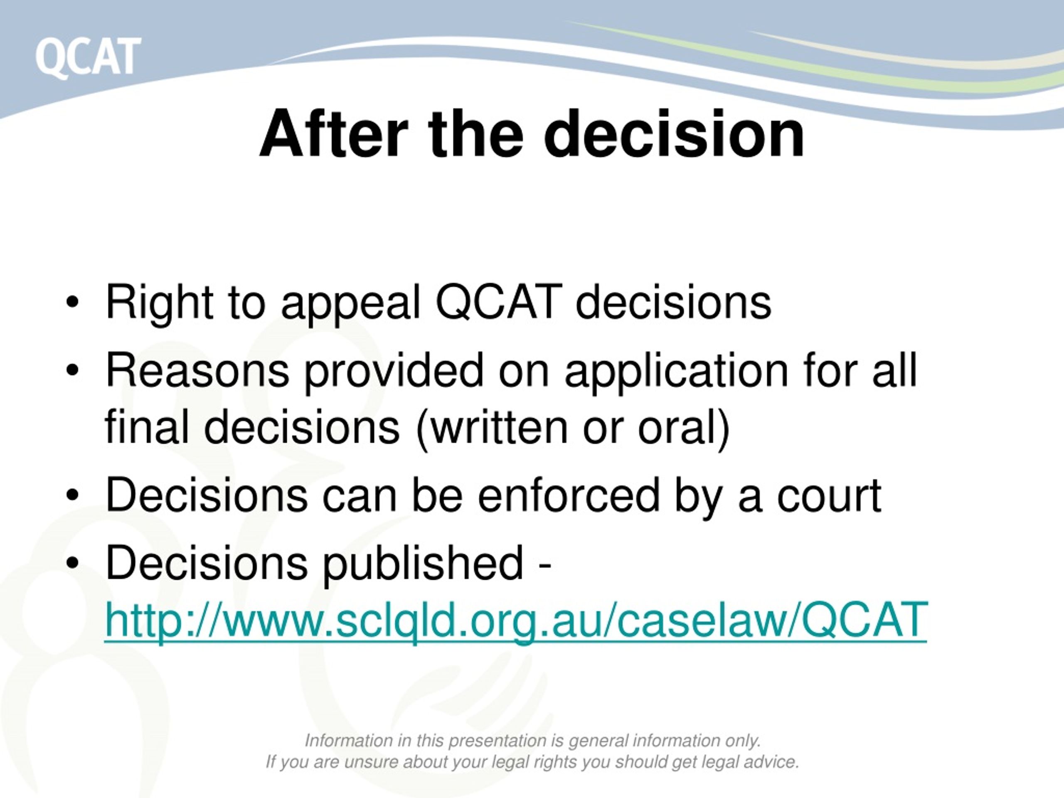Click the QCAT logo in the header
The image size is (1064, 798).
(88, 57)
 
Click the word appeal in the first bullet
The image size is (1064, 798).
(351, 304)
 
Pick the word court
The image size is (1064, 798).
(829, 495)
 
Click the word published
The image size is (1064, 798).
(422, 564)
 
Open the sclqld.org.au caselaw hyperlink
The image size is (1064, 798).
(516, 621)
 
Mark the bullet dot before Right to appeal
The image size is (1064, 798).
(72, 303)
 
